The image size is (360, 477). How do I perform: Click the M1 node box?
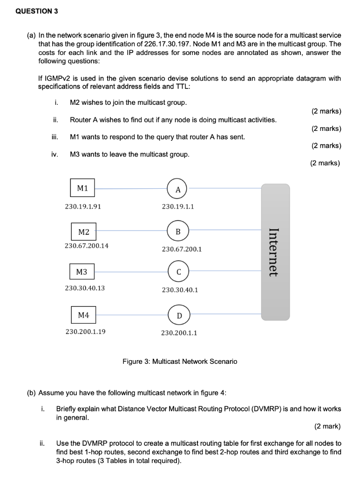tap(82, 188)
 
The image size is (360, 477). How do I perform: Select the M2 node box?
tap(84, 232)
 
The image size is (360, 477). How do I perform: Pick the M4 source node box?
tap(83, 315)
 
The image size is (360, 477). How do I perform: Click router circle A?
tap(178, 189)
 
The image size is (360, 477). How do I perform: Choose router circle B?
tap(178, 232)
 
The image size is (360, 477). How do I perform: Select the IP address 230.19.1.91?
tap(83, 206)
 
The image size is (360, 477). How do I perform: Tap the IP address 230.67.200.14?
tap(87, 245)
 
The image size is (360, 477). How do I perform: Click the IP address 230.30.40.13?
tap(85, 288)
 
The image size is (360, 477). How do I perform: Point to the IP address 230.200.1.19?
tap(85, 332)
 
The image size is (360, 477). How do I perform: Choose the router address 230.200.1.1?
tap(179, 333)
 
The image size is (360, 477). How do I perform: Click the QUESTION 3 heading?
tap(37, 12)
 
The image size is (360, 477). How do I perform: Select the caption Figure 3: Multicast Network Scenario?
tap(179, 361)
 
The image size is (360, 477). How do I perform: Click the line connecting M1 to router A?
tap(131, 189)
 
